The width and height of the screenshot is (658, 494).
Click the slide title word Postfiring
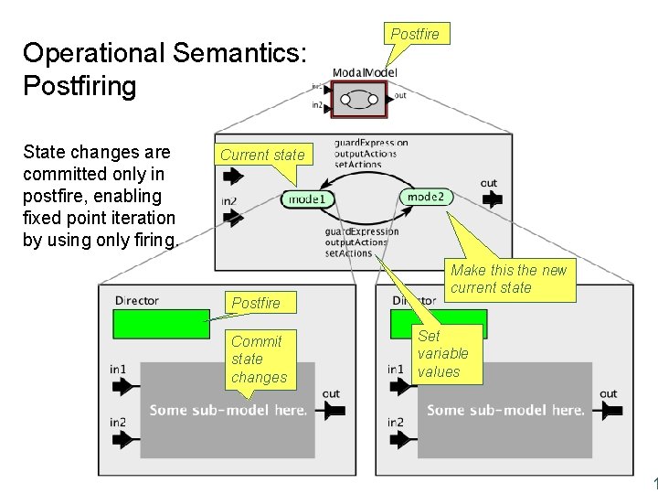80,87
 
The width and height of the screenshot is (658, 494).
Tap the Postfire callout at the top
415,35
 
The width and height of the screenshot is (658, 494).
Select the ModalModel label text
365,72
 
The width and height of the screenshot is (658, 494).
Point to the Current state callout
262,155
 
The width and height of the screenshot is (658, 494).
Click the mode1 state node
306,199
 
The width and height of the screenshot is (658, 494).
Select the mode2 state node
425,197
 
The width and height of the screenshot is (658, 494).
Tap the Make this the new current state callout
508,279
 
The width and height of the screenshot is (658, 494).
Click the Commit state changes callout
259,360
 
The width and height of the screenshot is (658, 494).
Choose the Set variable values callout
443,354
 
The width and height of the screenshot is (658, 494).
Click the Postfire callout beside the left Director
256,303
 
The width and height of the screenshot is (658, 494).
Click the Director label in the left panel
136,300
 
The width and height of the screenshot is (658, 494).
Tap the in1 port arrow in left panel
121,387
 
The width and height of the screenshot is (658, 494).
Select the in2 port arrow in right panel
400,439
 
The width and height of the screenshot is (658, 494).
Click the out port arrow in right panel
610,411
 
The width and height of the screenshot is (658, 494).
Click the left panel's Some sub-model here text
228,410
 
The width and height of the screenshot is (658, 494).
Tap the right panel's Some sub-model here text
505,410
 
